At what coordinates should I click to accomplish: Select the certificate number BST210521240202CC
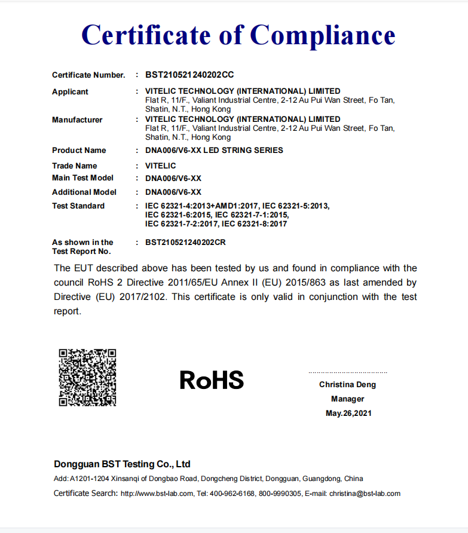click(189, 75)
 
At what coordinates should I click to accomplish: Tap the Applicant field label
click(70, 92)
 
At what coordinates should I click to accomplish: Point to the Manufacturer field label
click(77, 120)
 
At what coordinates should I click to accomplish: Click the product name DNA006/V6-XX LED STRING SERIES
click(214, 150)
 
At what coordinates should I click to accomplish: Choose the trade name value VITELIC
click(161, 166)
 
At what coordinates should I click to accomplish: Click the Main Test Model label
click(82, 178)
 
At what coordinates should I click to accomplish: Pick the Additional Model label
click(84, 192)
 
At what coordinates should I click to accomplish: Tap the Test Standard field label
click(78, 206)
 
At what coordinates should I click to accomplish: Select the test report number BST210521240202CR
click(189, 242)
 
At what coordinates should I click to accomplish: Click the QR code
click(87, 378)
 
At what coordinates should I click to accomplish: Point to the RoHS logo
click(212, 380)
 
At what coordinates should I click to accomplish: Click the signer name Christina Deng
click(347, 385)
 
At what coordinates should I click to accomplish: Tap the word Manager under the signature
click(347, 399)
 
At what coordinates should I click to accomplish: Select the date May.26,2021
click(348, 413)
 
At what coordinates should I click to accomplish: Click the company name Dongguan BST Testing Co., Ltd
click(122, 464)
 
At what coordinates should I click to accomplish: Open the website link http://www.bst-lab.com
click(157, 494)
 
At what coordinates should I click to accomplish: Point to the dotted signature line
click(347, 372)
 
